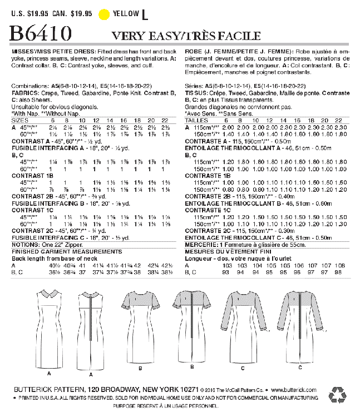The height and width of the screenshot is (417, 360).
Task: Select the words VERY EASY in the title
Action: click(146, 36)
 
